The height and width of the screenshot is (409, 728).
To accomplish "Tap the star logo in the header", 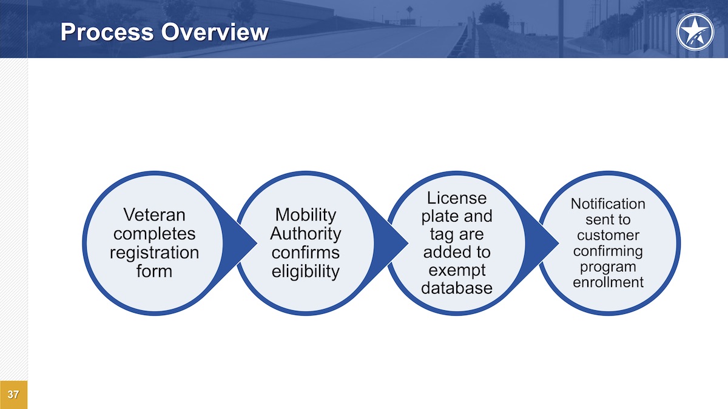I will pos(695,31).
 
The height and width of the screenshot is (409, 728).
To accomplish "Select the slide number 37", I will pos(13,395).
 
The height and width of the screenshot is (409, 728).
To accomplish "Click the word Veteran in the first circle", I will pos(154,215).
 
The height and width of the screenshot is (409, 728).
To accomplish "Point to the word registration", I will pos(154,252).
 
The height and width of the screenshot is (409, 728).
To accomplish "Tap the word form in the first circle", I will pos(154,271).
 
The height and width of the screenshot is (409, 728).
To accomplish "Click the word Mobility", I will pos(305,214).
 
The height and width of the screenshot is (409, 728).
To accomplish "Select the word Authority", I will pos(305,233).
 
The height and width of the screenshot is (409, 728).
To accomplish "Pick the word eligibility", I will pos(305,271).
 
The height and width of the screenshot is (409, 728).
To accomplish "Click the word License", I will pos(457,198).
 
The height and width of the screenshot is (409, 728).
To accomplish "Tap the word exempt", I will pos(457,269).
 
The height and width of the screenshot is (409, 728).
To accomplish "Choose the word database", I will pos(457,288).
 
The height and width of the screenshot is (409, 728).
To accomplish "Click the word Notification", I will pos(608,204).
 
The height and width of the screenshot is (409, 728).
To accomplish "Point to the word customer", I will pos(608,235).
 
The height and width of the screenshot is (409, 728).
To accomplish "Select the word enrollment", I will pos(608,282).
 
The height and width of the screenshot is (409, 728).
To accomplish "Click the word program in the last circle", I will pos(608,267).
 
